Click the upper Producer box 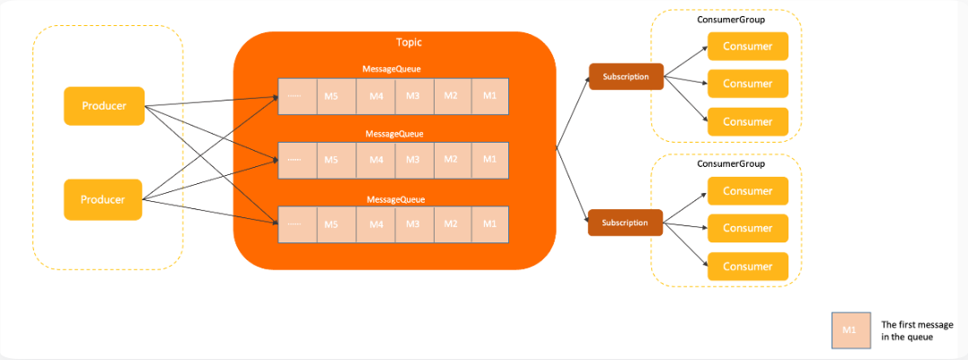(x=104, y=106)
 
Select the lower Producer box (x=103, y=199)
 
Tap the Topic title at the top (x=409, y=42)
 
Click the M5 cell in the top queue (x=336, y=96)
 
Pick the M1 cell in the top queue (x=490, y=96)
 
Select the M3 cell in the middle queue (x=413, y=160)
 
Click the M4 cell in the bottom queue (x=376, y=224)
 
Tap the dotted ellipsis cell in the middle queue (x=297, y=160)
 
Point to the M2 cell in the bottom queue (x=453, y=224)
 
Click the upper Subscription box (x=626, y=76)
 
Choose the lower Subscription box (x=625, y=223)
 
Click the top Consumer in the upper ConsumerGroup (x=748, y=47)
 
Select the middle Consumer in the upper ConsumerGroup (x=748, y=83)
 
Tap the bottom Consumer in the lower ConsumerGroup (x=748, y=267)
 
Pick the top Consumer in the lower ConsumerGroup (x=748, y=191)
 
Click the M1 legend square (x=850, y=330)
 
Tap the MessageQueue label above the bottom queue (x=395, y=199)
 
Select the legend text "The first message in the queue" (x=916, y=331)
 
